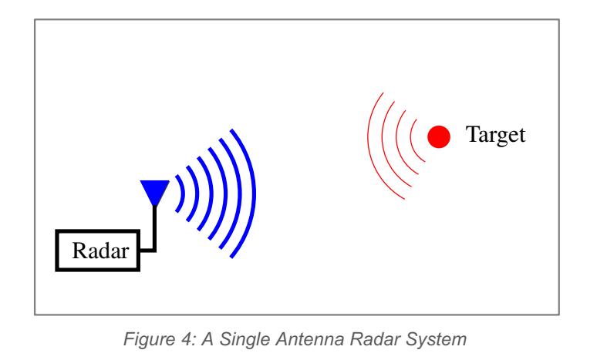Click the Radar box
pyautogui.click(x=98, y=251)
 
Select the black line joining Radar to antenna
pyautogui.click(x=154, y=231)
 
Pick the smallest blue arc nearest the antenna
pyautogui.click(x=182, y=193)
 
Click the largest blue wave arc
pyautogui.click(x=251, y=193)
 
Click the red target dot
pyautogui.click(x=439, y=136)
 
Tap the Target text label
pyautogui.click(x=495, y=136)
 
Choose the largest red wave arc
pyautogui.click(x=369, y=143)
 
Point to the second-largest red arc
pyautogui.click(x=383, y=141)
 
